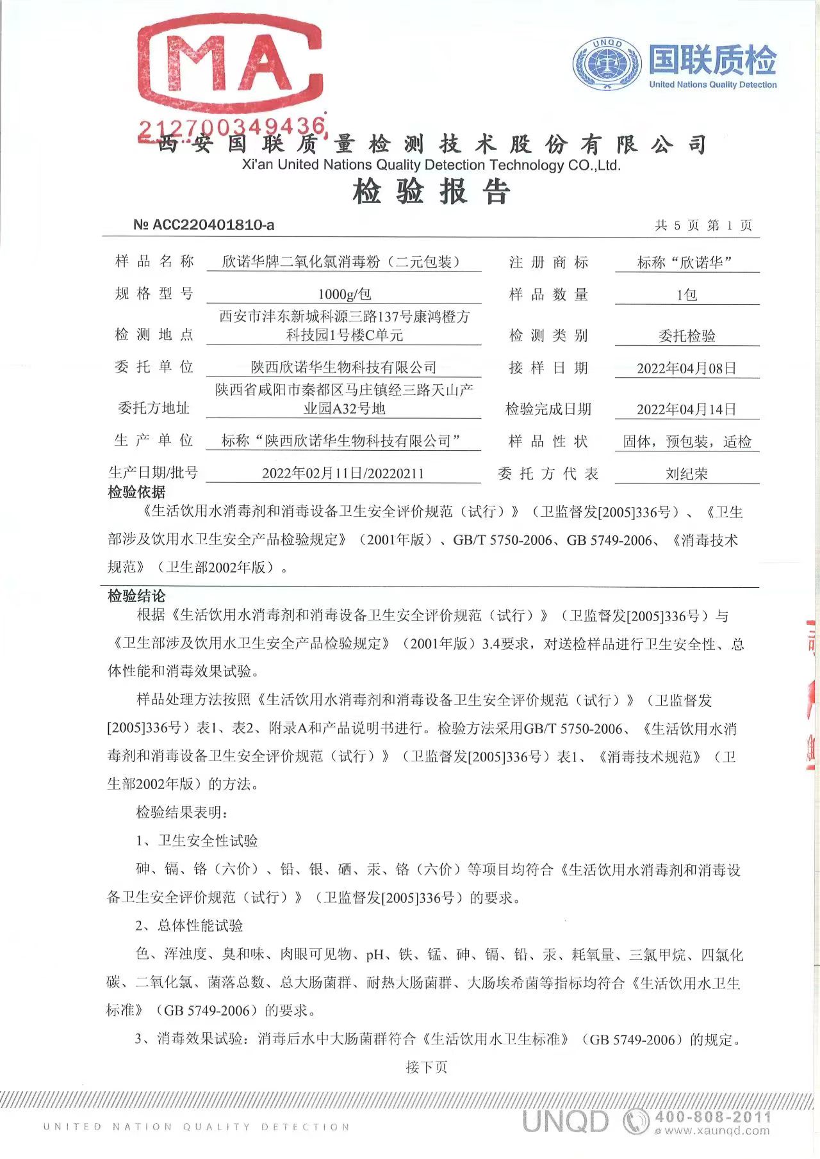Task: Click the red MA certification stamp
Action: click(x=229, y=64)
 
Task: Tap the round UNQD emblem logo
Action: click(x=607, y=64)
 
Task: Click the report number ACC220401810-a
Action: click(x=204, y=225)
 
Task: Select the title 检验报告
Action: click(x=431, y=191)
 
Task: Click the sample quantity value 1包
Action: click(x=687, y=295)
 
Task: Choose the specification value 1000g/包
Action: click(x=344, y=294)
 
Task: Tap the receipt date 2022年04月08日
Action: click(x=687, y=368)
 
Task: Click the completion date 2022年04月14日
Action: click(x=687, y=409)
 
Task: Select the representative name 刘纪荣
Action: click(x=687, y=474)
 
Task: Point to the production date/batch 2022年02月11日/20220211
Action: click(x=343, y=473)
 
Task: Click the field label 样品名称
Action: click(x=154, y=261)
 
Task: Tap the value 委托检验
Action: click(x=687, y=336)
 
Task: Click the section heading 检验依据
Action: click(x=136, y=492)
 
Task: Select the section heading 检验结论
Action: click(x=136, y=596)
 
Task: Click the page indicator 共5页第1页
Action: click(x=703, y=225)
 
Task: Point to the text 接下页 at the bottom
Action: click(x=427, y=1067)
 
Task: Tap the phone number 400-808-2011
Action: click(x=712, y=1117)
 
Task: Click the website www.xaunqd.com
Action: click(x=716, y=1131)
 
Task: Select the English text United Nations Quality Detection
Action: click(x=712, y=85)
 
